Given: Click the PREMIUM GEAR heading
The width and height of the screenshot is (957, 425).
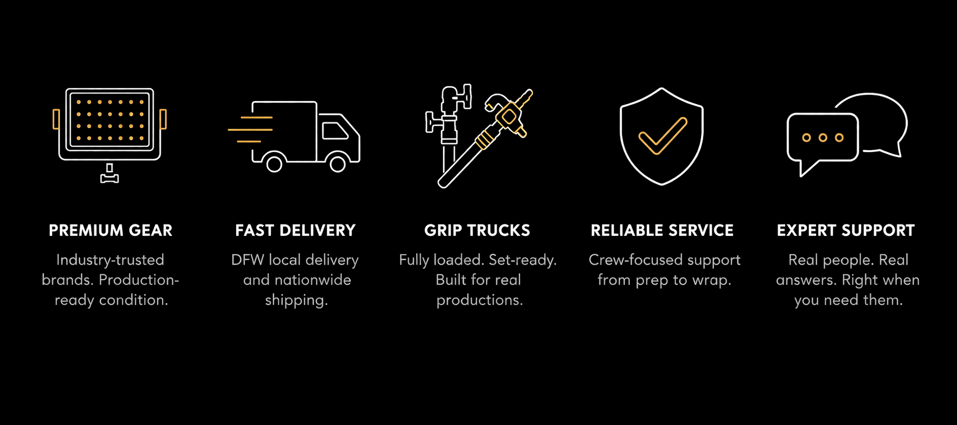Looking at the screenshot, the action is [110, 230].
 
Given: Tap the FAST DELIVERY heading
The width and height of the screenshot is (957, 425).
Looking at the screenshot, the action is [295, 230].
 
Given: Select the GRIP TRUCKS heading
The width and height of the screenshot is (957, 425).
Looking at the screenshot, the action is [477, 230].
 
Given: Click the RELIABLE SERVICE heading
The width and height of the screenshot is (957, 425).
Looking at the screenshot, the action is [662, 230].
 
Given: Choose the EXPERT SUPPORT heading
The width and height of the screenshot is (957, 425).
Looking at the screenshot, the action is [846, 230].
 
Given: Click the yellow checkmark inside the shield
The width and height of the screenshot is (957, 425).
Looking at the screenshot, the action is [662, 136].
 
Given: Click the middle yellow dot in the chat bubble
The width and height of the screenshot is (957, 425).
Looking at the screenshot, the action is [823, 138].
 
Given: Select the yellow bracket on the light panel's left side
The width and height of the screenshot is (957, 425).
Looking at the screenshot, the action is [56, 119].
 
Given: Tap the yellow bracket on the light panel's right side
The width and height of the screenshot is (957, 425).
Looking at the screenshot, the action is [163, 119].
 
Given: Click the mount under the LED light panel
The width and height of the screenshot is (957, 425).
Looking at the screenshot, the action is [109, 174].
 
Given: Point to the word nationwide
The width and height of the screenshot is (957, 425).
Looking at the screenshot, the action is [312, 280].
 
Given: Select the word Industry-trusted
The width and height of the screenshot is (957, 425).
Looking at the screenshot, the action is [110, 260].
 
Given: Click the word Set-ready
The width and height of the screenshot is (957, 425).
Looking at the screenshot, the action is [522, 260].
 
